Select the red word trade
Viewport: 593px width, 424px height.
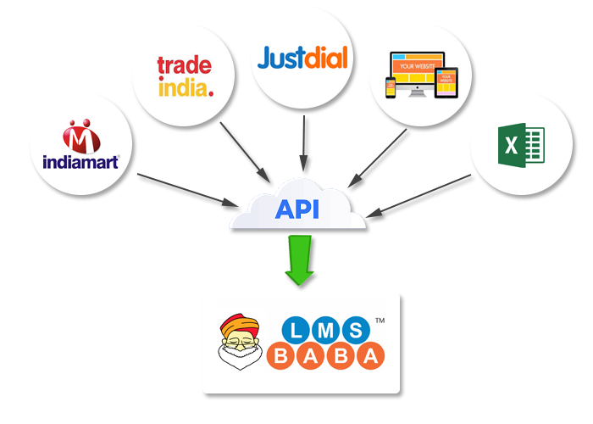185,65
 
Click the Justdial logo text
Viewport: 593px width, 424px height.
302,59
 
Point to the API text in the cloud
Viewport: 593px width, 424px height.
296,209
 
